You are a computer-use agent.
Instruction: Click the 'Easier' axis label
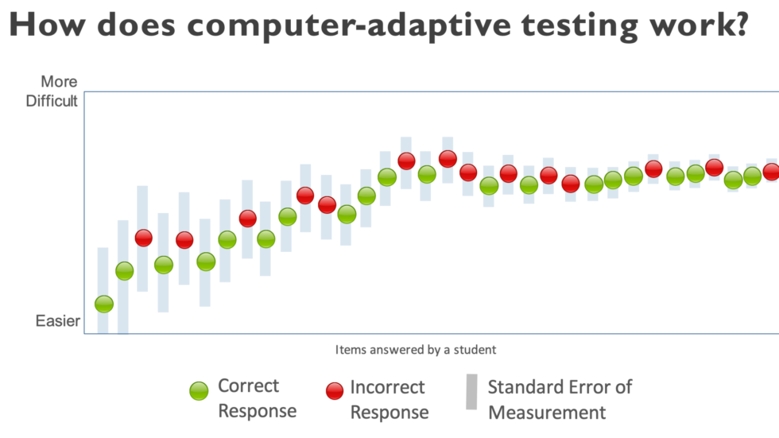57,321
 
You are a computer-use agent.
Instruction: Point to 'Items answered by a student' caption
416,349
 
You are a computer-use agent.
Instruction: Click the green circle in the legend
199,390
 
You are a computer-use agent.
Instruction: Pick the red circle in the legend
335,390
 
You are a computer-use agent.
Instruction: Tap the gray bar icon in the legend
471,392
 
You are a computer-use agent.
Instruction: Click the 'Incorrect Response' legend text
389,399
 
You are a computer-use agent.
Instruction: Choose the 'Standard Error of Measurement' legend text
560,399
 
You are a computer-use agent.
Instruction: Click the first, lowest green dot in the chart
104,304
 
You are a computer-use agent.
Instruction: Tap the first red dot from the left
143,238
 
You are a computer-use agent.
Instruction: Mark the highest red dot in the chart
448,159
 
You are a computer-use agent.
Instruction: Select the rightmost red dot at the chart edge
771,172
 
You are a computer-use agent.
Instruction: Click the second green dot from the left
125,271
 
